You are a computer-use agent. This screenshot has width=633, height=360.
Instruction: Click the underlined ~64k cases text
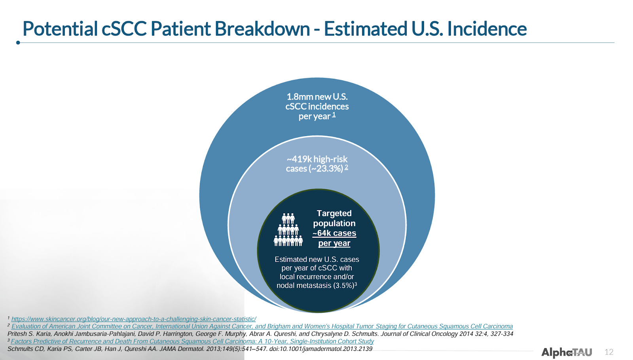pyautogui.click(x=334, y=233)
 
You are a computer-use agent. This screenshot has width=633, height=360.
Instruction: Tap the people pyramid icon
pyautogui.click(x=288, y=229)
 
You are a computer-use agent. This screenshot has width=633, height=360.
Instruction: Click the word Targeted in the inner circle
pyautogui.click(x=334, y=213)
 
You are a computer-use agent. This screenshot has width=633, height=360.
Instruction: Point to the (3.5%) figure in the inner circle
pyautogui.click(x=344, y=285)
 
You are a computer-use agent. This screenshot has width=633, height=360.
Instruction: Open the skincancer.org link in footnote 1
pyautogui.click(x=134, y=319)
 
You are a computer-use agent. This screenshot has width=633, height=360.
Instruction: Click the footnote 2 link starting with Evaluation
pyautogui.click(x=262, y=326)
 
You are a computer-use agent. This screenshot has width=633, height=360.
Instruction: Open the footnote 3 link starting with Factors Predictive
pyautogui.click(x=192, y=341)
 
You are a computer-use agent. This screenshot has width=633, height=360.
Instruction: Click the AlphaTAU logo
pyautogui.click(x=567, y=352)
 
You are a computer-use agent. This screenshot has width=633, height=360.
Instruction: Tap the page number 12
pyautogui.click(x=609, y=352)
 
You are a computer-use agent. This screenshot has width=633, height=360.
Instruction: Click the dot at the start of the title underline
pyautogui.click(x=18, y=43)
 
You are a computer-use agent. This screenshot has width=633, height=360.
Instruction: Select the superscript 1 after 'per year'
pyautogui.click(x=334, y=114)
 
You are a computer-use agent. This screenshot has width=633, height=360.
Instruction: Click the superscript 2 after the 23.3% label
pyautogui.click(x=346, y=167)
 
